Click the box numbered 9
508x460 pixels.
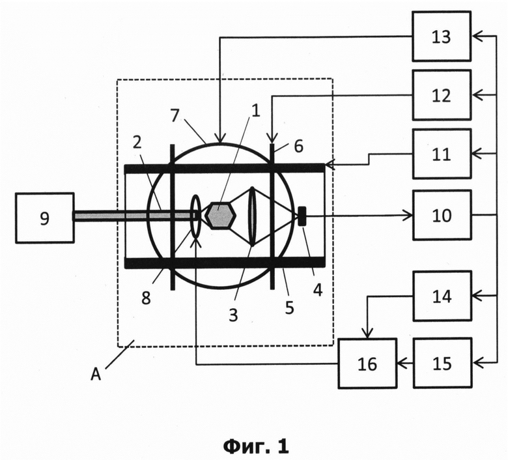pos(45,218)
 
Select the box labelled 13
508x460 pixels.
pos(442,36)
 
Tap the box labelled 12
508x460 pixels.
pos(442,95)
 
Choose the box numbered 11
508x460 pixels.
pos(442,154)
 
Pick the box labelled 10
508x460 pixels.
pos(442,215)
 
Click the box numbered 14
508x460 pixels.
pos(442,296)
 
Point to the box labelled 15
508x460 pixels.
pos(442,363)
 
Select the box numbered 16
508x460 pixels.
pos(368,364)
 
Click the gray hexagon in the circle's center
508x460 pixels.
pos(221,216)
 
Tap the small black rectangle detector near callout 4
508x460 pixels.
pos(302,216)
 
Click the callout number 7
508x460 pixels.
pos(175,115)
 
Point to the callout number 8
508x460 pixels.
pos(146,298)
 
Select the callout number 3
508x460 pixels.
pos(233,315)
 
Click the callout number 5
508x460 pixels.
pos(289,308)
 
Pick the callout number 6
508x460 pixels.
pos(298,146)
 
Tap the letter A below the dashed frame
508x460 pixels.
pos(96,375)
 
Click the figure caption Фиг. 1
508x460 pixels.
pos(255,447)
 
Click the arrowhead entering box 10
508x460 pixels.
pos(408,215)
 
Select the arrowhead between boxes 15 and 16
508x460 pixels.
pos(402,363)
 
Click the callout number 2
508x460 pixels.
pos(137,142)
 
